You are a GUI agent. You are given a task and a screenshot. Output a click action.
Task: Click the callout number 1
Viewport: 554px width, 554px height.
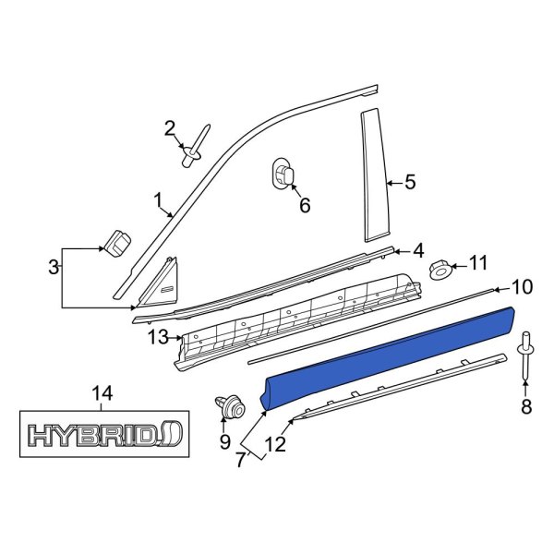tap(157, 199)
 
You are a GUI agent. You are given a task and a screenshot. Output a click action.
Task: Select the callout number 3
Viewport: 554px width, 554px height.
tap(54, 268)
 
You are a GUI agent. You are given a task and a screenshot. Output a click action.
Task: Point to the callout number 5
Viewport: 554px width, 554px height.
tap(411, 183)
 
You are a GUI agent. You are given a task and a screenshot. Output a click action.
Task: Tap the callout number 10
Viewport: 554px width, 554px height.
tap(522, 287)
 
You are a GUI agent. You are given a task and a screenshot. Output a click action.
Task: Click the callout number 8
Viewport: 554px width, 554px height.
tap(527, 405)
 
